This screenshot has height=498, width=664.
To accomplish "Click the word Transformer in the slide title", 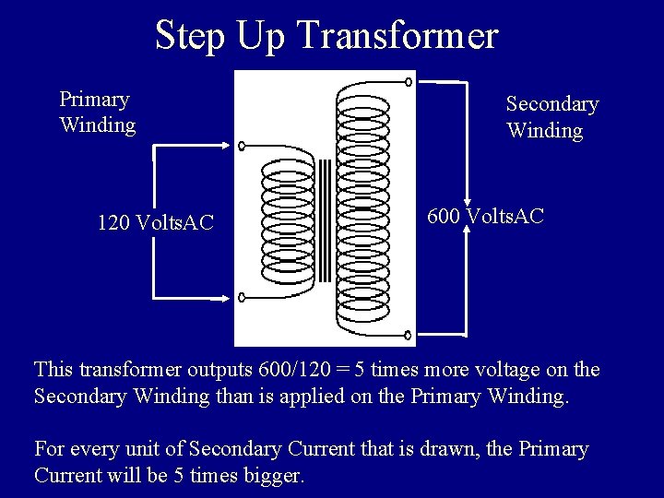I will click(x=397, y=36).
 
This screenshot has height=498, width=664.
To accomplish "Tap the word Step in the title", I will click(x=191, y=36).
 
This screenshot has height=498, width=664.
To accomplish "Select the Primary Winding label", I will click(x=97, y=112).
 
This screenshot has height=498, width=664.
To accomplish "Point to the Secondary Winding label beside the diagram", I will click(x=551, y=117).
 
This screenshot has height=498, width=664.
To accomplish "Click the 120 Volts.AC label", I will click(x=155, y=222).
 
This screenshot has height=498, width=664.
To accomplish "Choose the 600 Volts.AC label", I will click(x=485, y=217).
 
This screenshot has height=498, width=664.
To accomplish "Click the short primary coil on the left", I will click(x=289, y=229).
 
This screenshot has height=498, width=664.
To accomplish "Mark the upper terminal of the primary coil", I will click(x=243, y=146).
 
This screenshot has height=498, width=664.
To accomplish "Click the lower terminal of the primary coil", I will click(x=243, y=298).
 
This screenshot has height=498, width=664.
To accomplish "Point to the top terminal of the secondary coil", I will click(x=409, y=81).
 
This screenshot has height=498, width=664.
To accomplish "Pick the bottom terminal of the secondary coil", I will click(x=409, y=338).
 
